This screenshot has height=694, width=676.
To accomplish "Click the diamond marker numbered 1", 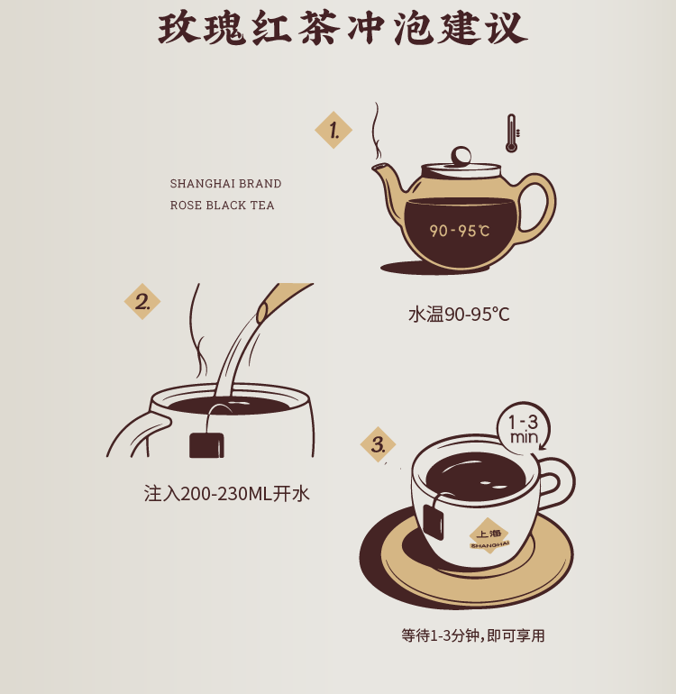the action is point(333,130).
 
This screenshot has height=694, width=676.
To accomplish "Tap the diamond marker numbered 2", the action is point(142,301).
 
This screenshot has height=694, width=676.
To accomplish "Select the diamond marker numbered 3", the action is point(378,444).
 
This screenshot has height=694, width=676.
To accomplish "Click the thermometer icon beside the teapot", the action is point(512,133).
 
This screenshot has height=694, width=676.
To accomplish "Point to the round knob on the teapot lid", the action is point(461,156).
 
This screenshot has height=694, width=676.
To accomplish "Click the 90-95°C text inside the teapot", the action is point(459,231).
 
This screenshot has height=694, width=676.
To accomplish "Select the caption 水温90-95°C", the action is point(459,315).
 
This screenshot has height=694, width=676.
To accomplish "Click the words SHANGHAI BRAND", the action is point(225,183).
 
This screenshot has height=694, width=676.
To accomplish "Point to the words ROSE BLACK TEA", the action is point(222,205).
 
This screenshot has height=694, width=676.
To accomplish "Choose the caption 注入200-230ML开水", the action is point(226,494).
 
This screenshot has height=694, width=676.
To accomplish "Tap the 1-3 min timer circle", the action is point(524,428).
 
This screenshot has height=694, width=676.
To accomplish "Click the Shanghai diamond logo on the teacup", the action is point(489,535).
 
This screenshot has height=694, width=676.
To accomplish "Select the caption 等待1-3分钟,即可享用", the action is point(473,635).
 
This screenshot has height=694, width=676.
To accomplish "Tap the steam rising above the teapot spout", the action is point(377,131).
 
